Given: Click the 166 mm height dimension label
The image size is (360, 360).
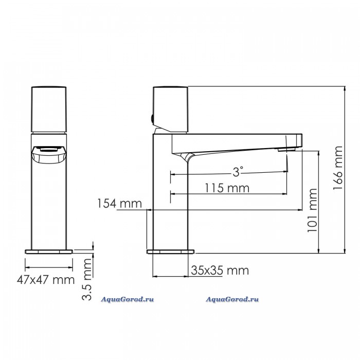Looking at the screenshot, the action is point(338,168).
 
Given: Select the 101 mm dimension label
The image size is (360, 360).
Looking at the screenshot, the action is point(312,210).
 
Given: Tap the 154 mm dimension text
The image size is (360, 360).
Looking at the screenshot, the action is point(120,204).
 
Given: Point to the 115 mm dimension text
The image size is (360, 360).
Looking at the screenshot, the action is point(227,188).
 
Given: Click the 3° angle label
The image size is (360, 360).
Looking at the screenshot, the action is point(237,171).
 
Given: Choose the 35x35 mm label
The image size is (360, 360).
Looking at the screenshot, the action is point(220,270).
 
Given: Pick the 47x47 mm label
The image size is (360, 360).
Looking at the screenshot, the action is point(46,280).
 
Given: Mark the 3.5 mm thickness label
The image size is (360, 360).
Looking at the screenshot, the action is point(87,279).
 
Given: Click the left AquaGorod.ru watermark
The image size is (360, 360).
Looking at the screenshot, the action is point(127,299).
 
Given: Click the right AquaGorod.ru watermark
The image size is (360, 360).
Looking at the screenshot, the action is point(232,299).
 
